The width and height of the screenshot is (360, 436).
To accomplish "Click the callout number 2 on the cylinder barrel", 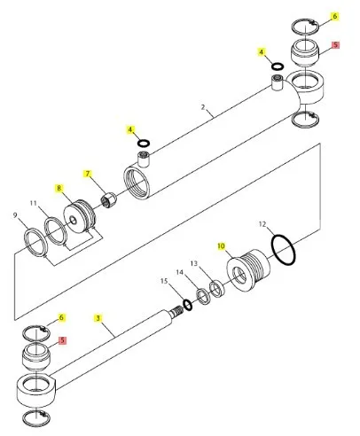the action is click(203, 107).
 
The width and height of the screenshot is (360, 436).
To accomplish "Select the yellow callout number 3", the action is click(98, 318).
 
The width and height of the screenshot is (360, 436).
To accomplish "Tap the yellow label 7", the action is click(87, 174).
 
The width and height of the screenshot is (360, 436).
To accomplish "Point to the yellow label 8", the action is click(59, 188).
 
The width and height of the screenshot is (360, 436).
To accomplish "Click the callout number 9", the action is click(15, 215).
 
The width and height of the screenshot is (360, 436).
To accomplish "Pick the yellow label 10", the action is click(222, 245).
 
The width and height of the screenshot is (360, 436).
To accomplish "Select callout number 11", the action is click(34, 203).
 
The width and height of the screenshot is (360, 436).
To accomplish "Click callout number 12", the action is click(262, 224).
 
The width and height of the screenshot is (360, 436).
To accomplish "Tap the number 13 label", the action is click(194, 263).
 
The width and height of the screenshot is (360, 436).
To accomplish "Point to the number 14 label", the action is click(180, 272).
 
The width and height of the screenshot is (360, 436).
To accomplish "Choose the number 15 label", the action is click(164, 281).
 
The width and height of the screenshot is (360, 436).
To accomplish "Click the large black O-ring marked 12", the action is click(283, 250).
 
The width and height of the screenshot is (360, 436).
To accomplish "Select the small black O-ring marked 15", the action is click(188, 305).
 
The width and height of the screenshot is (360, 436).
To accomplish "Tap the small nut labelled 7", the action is click(108, 200).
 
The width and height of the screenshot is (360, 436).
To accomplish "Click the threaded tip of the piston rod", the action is click(177, 311).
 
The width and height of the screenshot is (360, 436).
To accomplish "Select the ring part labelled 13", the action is click(217, 290).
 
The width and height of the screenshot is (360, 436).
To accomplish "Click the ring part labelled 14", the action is click(204, 297).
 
